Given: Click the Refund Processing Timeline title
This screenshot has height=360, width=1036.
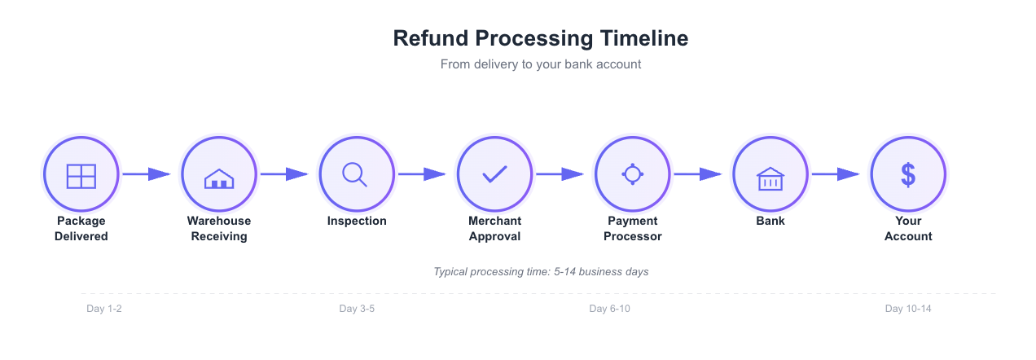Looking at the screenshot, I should [x=541, y=38].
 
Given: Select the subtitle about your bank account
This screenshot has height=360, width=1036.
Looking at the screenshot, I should [x=541, y=64].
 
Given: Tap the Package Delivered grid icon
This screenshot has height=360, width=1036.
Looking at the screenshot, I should [x=81, y=174].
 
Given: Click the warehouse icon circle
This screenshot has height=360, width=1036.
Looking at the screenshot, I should [x=219, y=174].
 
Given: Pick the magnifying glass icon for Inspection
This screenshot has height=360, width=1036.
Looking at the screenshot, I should [x=357, y=174].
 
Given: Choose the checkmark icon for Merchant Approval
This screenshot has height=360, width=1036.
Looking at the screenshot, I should [x=494, y=174].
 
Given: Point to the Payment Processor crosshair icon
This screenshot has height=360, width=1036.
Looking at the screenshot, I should [x=633, y=174].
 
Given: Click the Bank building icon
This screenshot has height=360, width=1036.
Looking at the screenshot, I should [x=770, y=174].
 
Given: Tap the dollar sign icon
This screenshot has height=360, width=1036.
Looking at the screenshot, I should [x=908, y=174].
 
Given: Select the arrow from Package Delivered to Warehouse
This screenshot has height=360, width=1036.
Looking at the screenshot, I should [x=147, y=174].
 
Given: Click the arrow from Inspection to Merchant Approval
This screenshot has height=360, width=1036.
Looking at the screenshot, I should [x=423, y=174].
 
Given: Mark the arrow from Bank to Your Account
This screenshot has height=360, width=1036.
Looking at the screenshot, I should [x=836, y=174].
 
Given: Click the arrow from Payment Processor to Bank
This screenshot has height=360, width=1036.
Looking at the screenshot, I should [x=699, y=174].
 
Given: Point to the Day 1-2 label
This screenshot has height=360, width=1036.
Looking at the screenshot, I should [x=104, y=309].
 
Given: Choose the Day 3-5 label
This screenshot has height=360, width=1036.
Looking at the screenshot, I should [x=357, y=309].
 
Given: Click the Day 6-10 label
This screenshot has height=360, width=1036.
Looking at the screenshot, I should [x=610, y=309].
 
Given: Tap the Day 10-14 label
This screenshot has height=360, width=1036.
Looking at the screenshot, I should [x=908, y=309].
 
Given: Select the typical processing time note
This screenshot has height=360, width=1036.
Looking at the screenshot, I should [x=541, y=271].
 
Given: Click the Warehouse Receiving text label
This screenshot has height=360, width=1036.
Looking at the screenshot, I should [x=219, y=229].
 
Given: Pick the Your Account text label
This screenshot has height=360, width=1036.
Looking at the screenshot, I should [x=908, y=229].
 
